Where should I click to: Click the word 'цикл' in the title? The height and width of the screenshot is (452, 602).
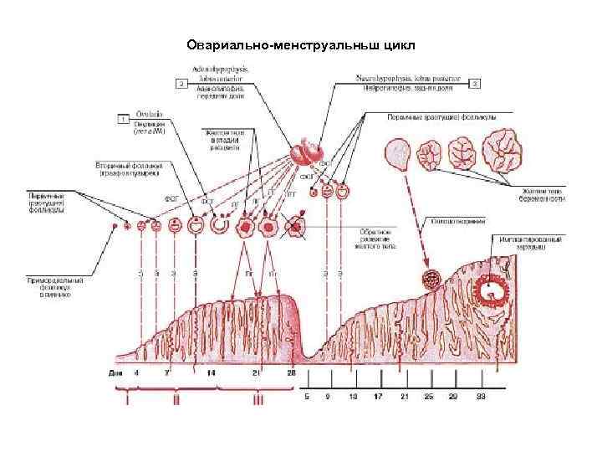pos(395,44)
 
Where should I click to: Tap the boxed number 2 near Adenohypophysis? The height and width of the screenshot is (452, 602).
pos(179,84)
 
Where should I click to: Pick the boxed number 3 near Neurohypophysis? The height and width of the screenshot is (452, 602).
pos(475,84)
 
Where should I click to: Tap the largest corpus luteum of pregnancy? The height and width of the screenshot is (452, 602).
pos(508,152)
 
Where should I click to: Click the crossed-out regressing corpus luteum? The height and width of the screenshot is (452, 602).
pos(294,227)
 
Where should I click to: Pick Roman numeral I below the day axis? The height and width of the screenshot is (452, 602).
pos(127,401)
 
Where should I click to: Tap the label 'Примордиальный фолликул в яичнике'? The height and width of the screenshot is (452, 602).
pos(51,285)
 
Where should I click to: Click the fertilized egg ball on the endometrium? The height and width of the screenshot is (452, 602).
pos(433,280)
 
